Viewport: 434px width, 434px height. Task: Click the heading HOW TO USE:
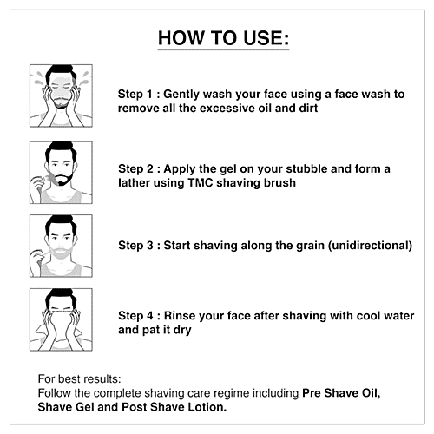[223, 38]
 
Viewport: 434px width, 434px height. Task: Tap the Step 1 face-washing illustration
[61, 95]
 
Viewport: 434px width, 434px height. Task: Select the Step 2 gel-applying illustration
[61, 173]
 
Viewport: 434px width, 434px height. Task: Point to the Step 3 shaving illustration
[61, 246]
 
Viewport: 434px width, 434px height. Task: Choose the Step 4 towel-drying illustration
[61, 319]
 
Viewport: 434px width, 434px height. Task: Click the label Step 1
[135, 95]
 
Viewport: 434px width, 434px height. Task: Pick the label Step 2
[135, 169]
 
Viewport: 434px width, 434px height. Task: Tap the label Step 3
[135, 246]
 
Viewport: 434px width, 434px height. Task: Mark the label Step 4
[135, 316]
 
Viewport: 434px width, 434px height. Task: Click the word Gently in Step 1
[181, 95]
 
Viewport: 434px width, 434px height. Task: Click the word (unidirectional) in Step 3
[370, 246]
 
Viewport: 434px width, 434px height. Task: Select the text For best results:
[79, 378]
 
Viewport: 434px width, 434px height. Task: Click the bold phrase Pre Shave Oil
[340, 393]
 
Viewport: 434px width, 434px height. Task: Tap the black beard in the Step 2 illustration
[63, 180]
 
